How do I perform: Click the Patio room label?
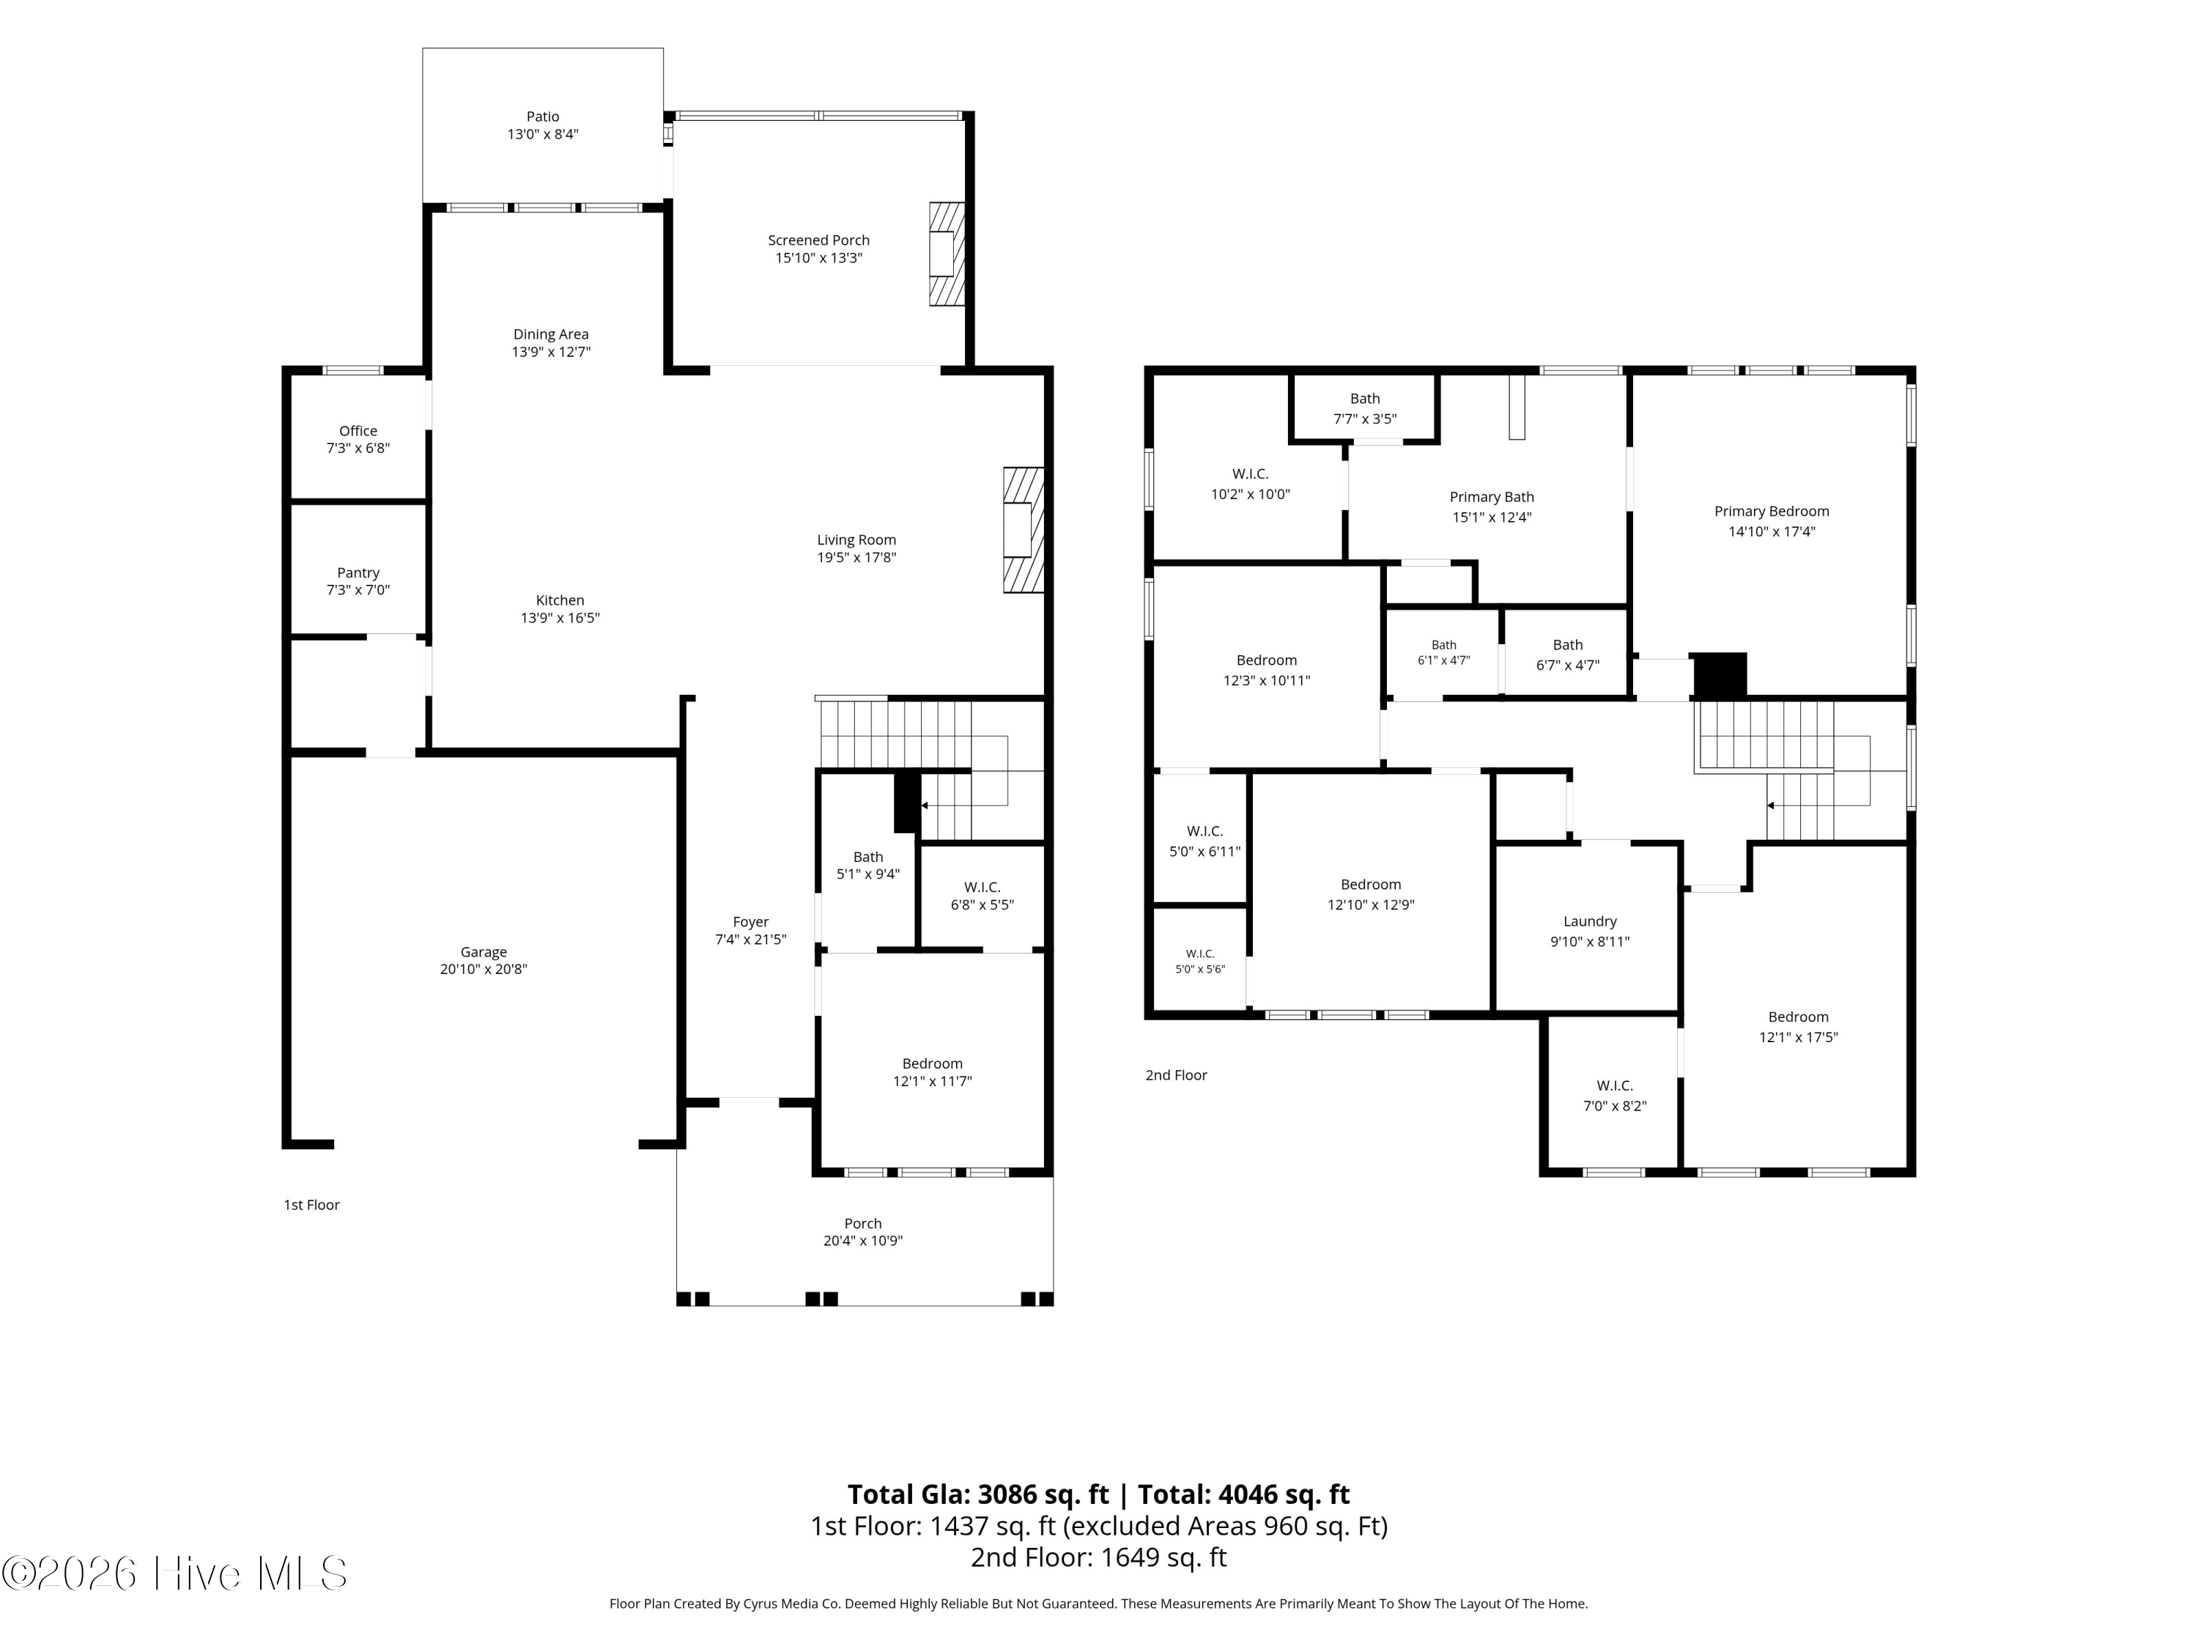[543, 117]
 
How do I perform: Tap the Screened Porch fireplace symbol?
[947, 254]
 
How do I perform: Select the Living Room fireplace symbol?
[1024, 530]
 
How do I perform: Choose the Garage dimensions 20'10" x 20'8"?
[484, 969]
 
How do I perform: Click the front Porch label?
[862, 1224]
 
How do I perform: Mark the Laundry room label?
[1590, 921]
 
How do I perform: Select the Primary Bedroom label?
[1772, 512]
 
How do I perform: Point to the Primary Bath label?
[1492, 497]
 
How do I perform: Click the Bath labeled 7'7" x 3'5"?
[1365, 399]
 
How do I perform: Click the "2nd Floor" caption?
[1177, 1074]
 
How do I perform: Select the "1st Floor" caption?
[312, 1205]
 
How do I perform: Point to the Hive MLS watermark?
[175, 1574]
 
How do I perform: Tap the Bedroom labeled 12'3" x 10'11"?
[1267, 660]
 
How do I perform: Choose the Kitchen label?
[560, 600]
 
